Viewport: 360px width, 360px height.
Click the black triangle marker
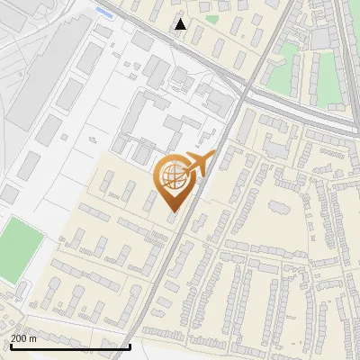pyautogui.click(x=181, y=24)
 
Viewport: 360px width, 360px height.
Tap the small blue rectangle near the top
pyautogui.click(x=104, y=14)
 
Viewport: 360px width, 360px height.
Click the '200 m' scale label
pyautogui.click(x=23, y=338)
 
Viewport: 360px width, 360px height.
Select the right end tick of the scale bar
pyautogui.click(x=130, y=345)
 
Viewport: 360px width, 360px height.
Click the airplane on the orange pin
pyautogui.click(x=198, y=163)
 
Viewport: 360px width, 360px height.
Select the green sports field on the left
pyautogui.click(x=20, y=248)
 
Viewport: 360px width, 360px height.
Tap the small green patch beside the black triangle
pyautogui.click(x=212, y=18)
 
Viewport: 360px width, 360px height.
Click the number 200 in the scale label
pyautogui.click(x=19, y=338)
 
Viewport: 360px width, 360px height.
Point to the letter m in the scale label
pyautogui.click(x=33, y=338)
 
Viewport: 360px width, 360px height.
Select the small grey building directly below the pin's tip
pyautogui.click(x=172, y=219)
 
